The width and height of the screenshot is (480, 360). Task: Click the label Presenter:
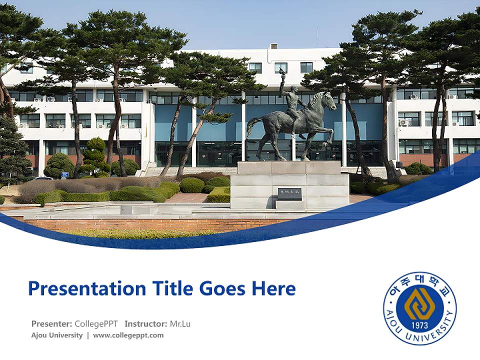click(x=51, y=323)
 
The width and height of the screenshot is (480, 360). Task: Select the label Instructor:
click(x=146, y=323)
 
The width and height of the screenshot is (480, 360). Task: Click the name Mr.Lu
click(x=180, y=323)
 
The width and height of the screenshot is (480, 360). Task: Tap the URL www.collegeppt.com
click(x=128, y=335)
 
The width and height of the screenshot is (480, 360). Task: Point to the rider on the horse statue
click(x=294, y=105)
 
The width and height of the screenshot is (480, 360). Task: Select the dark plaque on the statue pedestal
click(x=289, y=193)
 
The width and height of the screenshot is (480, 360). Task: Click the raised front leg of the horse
click(x=328, y=134)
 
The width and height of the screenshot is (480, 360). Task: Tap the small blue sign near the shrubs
click(x=64, y=175)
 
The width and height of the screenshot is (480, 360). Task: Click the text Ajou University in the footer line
click(x=57, y=335)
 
